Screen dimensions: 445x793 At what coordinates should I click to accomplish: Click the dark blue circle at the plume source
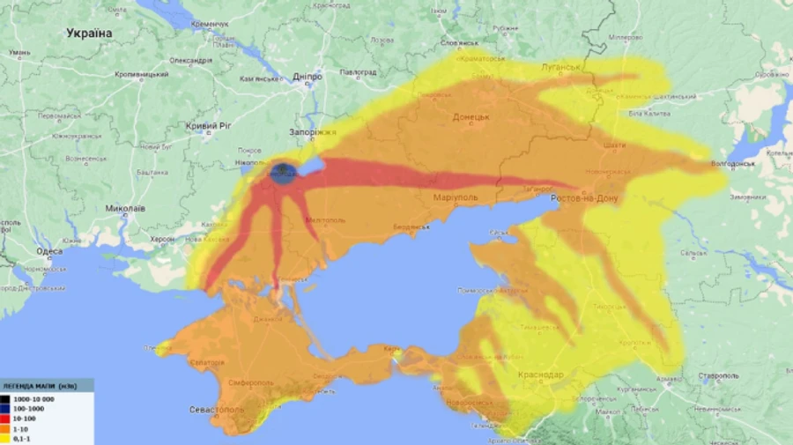[284, 172]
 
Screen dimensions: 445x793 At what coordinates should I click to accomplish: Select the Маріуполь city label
[456, 197]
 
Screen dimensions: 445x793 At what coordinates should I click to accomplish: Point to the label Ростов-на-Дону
[584, 199]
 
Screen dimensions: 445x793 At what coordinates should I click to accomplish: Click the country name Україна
[89, 33]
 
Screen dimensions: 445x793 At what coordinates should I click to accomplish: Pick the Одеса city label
[49, 251]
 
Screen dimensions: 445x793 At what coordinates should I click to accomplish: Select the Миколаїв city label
[124, 209]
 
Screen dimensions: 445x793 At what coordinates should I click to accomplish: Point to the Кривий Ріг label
[210, 126]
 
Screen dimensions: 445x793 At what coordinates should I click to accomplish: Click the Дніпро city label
[308, 77]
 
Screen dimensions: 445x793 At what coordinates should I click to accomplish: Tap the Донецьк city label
[471, 116]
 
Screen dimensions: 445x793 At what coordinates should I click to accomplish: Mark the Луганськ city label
[560, 67]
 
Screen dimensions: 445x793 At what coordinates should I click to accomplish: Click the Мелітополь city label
[322, 219]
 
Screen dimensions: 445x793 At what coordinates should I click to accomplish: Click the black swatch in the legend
[6, 399]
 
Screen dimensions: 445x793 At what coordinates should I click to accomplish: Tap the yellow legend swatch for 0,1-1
[6, 438]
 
